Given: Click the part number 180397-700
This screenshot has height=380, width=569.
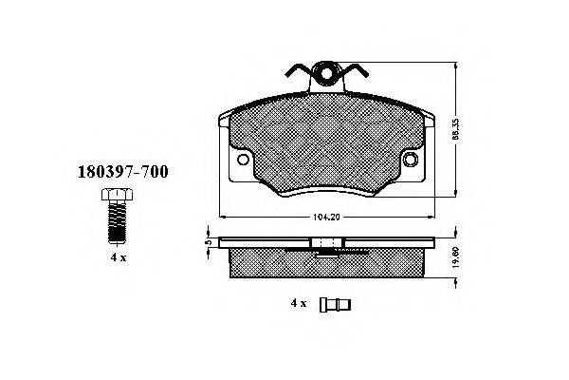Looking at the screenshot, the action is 123,172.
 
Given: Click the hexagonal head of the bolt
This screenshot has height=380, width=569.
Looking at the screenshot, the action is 118,195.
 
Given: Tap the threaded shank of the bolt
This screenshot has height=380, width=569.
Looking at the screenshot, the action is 118,221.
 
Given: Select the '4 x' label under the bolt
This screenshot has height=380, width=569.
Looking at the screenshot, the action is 119,257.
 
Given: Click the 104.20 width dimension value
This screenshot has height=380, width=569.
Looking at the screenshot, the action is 326,218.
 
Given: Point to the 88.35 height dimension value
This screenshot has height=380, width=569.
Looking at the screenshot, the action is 456,129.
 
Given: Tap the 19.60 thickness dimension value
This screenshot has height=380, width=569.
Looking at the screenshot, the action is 456,257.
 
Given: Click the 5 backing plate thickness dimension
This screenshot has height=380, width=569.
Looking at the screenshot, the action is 208,242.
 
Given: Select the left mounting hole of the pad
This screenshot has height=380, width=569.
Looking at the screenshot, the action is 243,160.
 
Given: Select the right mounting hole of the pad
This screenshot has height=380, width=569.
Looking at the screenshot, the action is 411,160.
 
